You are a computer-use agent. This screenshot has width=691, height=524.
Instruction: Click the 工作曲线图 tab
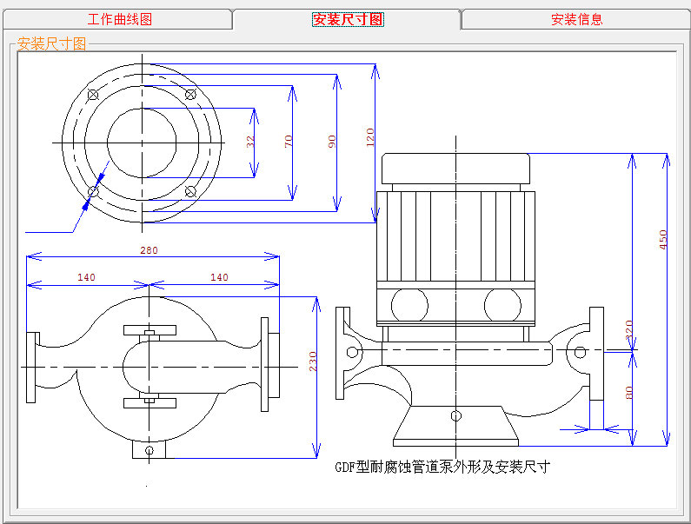[x=120, y=19]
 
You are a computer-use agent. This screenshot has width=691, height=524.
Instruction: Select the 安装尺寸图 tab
[x=348, y=19]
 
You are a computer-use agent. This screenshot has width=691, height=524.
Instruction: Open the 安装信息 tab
[x=576, y=19]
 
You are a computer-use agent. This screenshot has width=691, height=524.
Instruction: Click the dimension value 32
[x=250, y=142]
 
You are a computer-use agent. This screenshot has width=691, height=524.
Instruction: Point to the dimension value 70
[x=289, y=142]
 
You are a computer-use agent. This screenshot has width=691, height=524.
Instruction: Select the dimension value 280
[x=149, y=250]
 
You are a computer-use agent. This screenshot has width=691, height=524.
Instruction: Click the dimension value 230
[x=313, y=361]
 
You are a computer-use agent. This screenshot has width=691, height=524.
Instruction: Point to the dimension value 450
[x=663, y=239]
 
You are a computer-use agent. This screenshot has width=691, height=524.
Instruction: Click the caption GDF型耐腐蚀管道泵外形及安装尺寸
[x=442, y=467]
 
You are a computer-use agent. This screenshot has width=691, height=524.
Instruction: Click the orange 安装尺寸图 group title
[x=52, y=44]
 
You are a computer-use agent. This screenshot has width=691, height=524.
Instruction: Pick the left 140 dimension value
[x=86, y=278]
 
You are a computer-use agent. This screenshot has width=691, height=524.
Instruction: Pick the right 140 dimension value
[x=219, y=278]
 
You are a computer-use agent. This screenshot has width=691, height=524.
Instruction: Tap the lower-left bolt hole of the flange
[x=94, y=190]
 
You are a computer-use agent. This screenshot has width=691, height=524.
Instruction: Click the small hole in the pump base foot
[x=455, y=415]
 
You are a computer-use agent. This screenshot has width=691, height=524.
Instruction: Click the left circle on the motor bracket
[x=409, y=305]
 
